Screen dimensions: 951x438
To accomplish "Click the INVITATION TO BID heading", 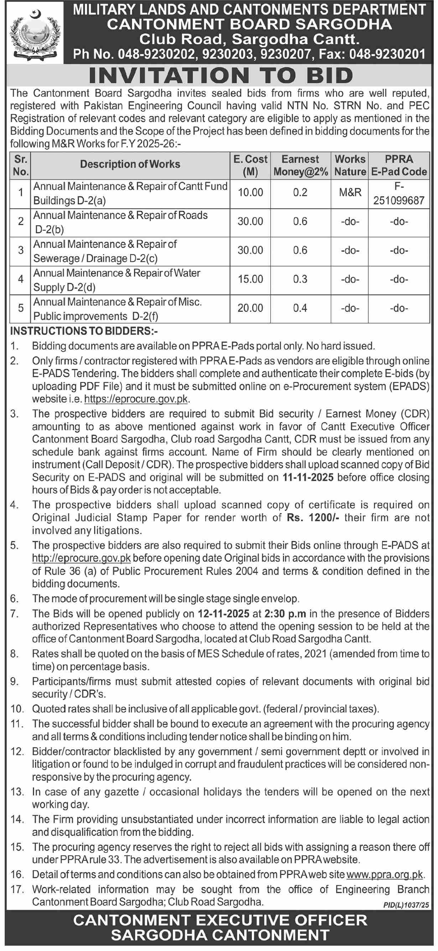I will click(x=221, y=75).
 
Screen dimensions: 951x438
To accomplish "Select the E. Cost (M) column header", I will click(x=250, y=165).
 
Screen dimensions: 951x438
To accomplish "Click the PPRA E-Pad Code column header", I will click(x=398, y=165).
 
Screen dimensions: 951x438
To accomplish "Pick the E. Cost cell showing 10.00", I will click(x=250, y=192).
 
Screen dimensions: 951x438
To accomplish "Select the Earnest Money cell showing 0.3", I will click(x=300, y=279).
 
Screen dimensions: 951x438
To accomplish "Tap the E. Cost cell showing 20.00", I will click(x=250, y=308).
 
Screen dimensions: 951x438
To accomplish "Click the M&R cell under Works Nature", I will click(x=350, y=192).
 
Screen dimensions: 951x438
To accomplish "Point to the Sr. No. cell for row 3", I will click(x=21, y=250).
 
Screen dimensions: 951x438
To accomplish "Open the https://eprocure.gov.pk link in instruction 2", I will click(x=136, y=399).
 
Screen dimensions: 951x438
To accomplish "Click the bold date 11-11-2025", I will click(x=308, y=477).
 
